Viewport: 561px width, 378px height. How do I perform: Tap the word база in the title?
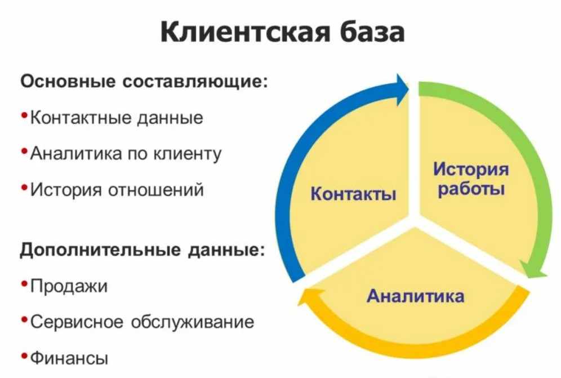[x=372, y=32]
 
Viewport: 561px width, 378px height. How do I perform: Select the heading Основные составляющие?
[x=144, y=82]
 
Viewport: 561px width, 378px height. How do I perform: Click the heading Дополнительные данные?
[x=142, y=249]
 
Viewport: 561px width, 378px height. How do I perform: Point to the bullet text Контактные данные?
[x=117, y=117]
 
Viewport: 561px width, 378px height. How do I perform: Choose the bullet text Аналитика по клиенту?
[x=126, y=154]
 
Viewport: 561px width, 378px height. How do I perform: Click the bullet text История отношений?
[x=117, y=190]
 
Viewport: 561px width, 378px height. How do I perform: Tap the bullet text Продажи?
[x=69, y=286]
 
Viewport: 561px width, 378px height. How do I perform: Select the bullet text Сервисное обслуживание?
[x=142, y=322]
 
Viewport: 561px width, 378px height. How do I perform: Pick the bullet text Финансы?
[x=69, y=358]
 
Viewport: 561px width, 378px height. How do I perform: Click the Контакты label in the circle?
[x=354, y=194]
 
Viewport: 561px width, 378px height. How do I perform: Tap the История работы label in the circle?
[x=471, y=179]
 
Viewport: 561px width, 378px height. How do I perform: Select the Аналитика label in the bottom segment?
[x=415, y=296]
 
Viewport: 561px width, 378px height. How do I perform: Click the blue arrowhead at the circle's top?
[x=402, y=90]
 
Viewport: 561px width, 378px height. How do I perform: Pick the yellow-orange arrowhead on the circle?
[x=309, y=297]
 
